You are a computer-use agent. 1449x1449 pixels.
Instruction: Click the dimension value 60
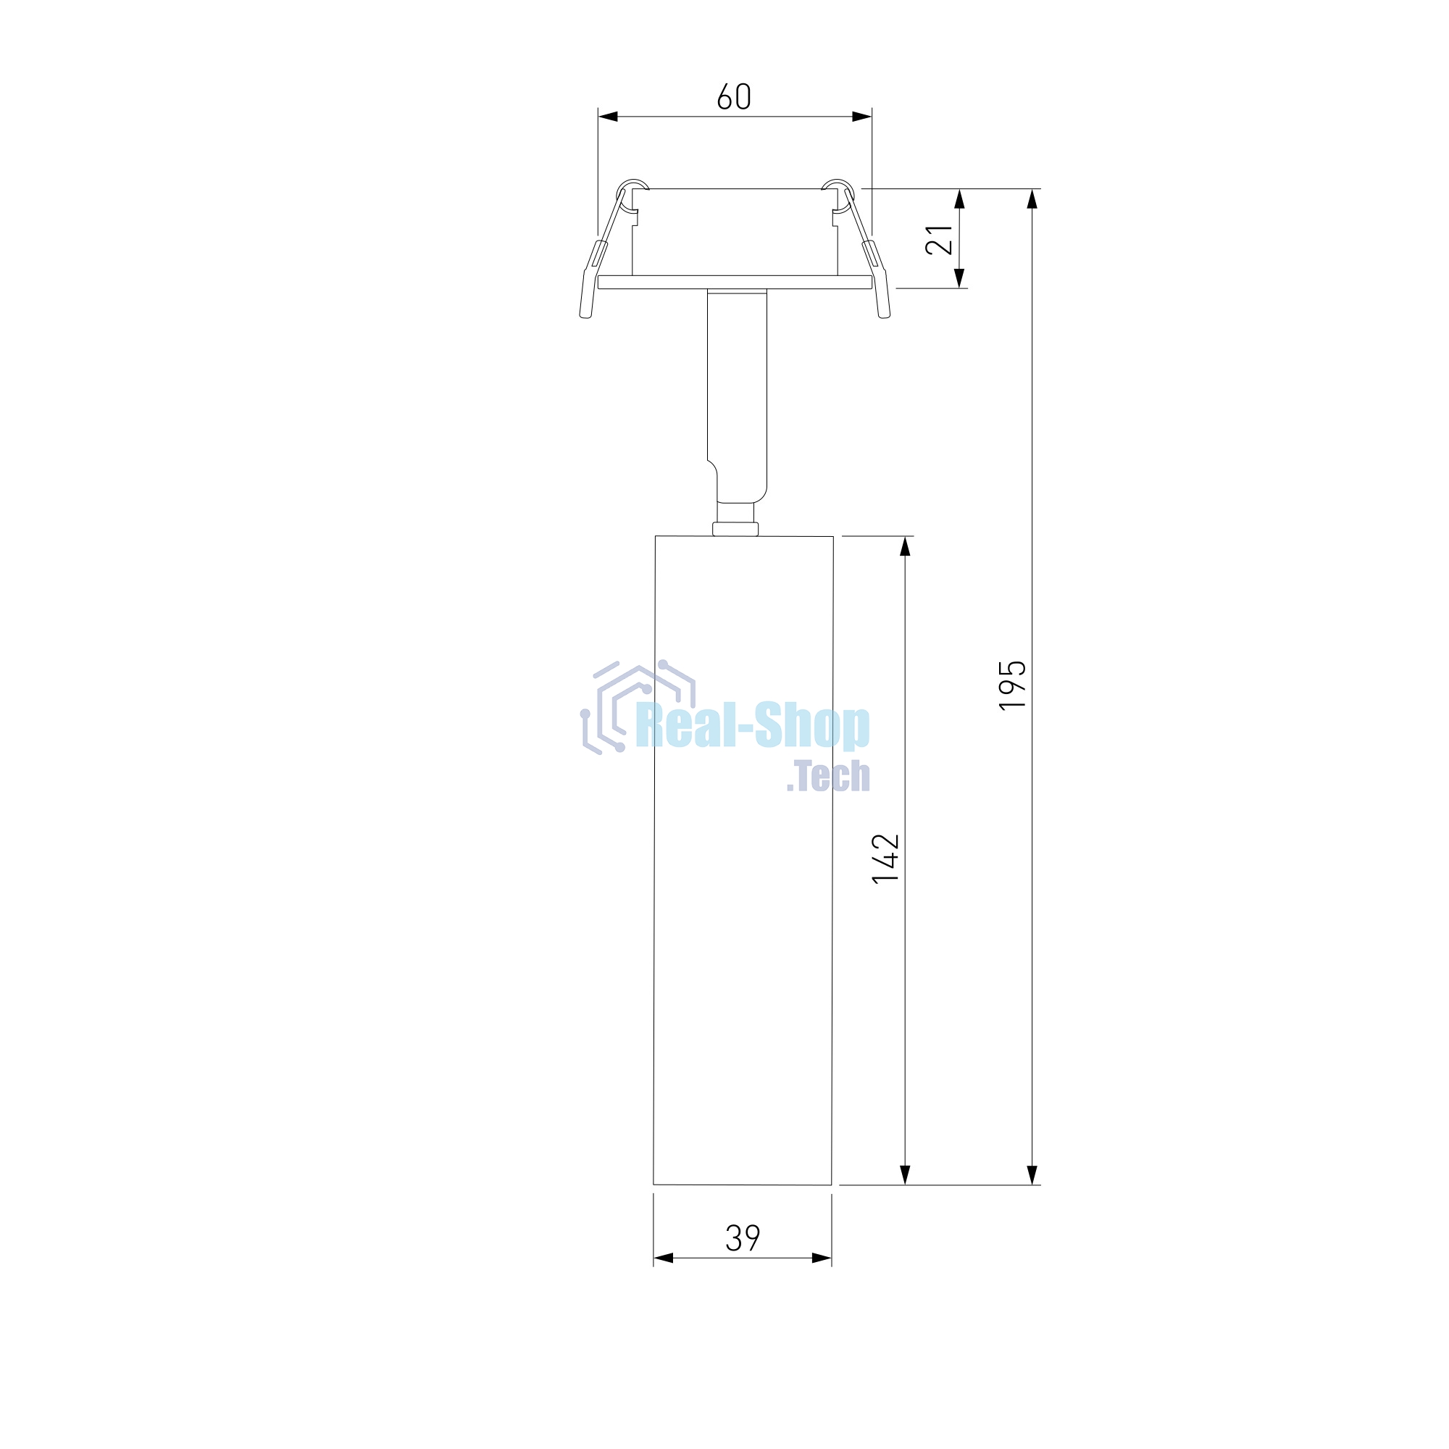733,97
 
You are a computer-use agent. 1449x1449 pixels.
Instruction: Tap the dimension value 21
939,240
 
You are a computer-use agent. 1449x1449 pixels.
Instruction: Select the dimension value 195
1011,685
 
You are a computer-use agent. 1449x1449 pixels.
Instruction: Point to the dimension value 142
885,859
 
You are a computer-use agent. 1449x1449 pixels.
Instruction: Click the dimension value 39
743,1238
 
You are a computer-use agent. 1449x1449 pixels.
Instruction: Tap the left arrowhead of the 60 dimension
609,116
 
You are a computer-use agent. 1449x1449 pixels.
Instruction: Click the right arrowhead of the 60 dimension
861,116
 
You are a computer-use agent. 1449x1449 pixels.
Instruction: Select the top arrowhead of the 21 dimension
959,199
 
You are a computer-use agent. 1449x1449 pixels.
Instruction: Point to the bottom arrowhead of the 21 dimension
959,278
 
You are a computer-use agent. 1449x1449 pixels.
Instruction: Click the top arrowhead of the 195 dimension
1032,199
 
